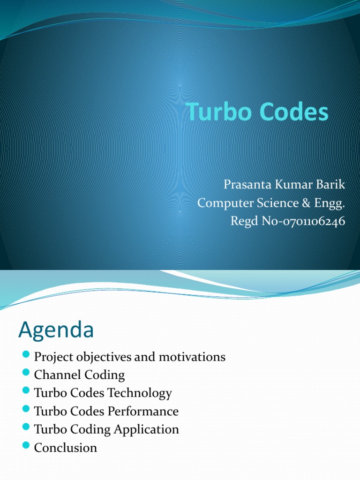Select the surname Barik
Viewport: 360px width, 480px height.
331,185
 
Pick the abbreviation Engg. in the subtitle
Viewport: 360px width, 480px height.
330,203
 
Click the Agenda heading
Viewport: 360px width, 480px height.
56,331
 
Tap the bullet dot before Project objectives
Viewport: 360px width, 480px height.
26,355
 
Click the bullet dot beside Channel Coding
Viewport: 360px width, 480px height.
26,374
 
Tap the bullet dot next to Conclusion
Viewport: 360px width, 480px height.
26,446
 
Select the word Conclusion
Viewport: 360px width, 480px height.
66,448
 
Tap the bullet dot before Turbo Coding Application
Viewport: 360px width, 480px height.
26,428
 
